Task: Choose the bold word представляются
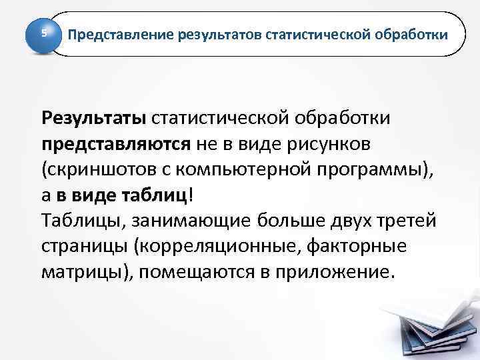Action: [x=115, y=143]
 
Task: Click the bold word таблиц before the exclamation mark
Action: [x=157, y=195]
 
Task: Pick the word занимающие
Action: [x=191, y=221]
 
